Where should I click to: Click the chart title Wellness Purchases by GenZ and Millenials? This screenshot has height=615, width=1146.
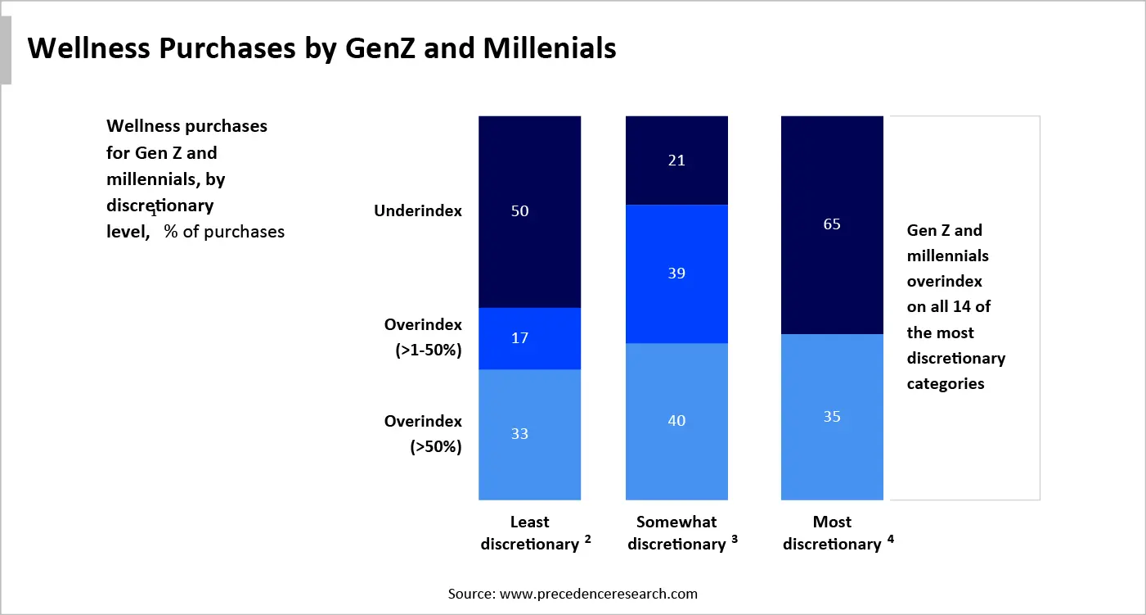[321, 48]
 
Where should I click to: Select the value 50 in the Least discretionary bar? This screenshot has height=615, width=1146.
[519, 211]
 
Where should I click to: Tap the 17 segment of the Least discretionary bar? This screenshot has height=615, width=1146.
[519, 337]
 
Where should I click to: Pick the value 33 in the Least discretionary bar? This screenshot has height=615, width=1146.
[519, 434]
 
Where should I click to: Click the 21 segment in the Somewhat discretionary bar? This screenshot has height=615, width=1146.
[676, 161]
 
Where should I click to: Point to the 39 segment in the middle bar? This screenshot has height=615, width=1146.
[676, 274]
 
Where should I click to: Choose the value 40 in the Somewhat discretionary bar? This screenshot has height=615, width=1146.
[676, 421]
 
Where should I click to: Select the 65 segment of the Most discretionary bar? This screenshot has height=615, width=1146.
[832, 224]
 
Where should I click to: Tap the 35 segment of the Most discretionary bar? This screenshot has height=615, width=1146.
[832, 417]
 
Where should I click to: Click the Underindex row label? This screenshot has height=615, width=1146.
[417, 211]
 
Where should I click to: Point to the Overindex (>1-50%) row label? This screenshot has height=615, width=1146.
[423, 337]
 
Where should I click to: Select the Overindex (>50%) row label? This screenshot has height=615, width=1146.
[423, 434]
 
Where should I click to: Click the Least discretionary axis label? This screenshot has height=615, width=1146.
[529, 533]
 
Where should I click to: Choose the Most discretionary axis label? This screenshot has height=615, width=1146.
[832, 533]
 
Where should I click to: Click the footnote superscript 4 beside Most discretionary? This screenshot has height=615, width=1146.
[890, 539]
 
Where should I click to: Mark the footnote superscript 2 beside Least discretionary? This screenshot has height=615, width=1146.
[587, 539]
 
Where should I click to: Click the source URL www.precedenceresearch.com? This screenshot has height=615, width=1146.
[598, 594]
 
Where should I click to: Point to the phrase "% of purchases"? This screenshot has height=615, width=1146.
[224, 232]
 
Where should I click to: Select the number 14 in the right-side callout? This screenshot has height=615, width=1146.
[971, 307]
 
